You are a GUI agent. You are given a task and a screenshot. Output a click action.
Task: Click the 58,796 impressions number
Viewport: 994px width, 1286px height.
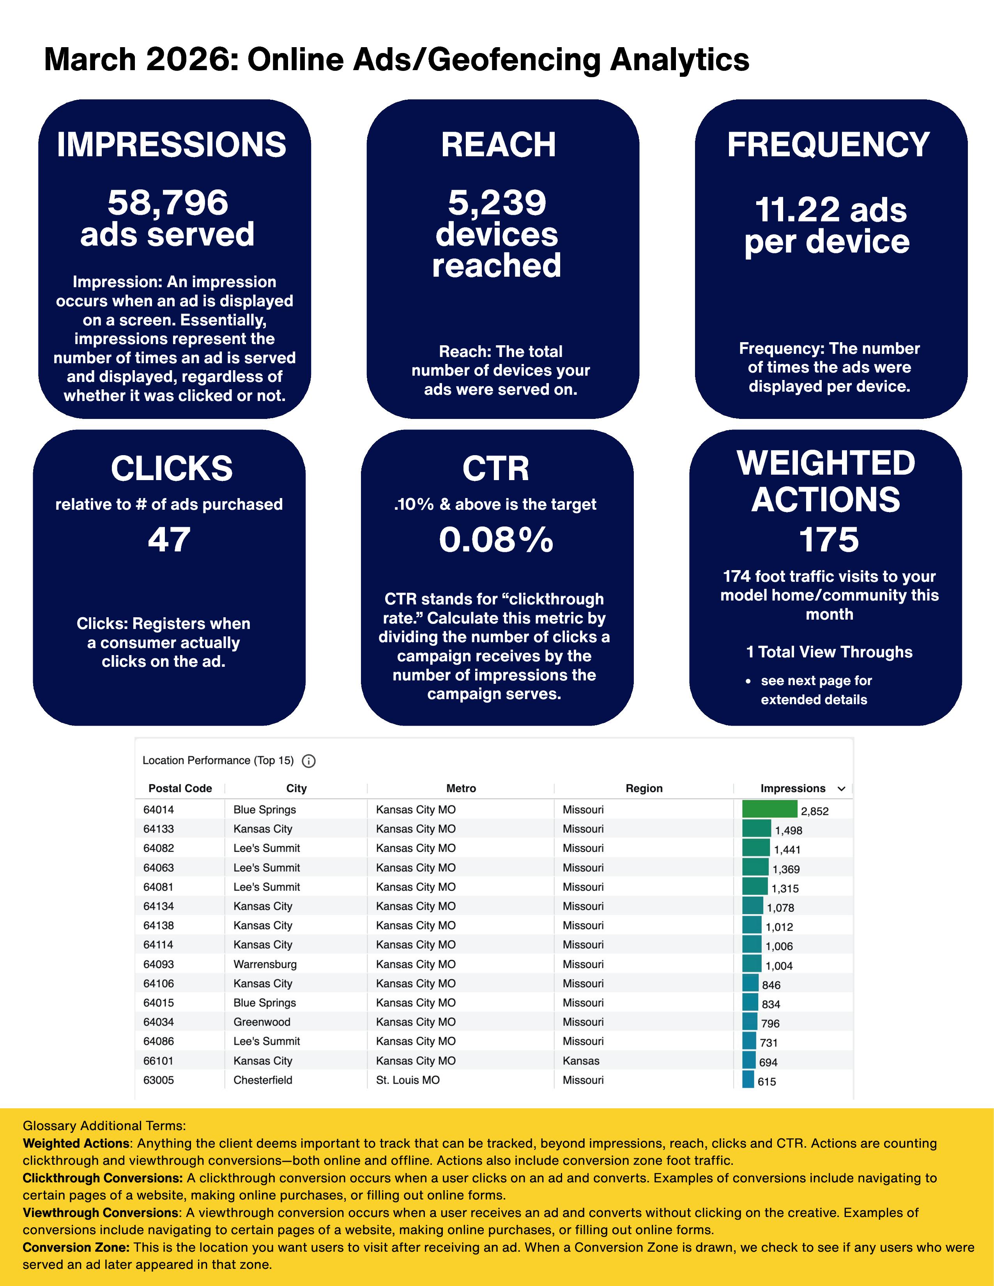pos(168,203)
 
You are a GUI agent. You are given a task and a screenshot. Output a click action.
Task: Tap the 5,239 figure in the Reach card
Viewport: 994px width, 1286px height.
pos(497,203)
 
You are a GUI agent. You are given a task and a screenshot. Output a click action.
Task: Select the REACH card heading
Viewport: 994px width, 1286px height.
pos(498,145)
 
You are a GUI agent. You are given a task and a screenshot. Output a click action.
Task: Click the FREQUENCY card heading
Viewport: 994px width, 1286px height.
pos(828,145)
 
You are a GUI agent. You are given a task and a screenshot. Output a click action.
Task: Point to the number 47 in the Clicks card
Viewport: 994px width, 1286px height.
pos(169,539)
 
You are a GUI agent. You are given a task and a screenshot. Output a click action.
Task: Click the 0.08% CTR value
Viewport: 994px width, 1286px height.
pos(496,539)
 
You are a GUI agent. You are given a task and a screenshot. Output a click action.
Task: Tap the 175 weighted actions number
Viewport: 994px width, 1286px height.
pos(829,539)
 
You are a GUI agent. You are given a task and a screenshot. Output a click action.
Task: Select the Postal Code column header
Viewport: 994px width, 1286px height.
pos(180,788)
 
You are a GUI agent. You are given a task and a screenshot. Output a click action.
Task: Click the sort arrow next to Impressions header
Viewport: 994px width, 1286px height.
pos(842,788)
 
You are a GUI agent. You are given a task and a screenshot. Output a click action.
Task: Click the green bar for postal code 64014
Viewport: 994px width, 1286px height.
pos(769,809)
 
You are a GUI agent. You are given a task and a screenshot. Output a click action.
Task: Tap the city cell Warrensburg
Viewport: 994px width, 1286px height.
pos(265,964)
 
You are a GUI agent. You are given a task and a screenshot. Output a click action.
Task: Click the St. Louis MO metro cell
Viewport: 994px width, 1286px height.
pos(407,1080)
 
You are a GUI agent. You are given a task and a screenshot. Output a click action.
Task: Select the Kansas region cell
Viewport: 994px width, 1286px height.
pos(581,1060)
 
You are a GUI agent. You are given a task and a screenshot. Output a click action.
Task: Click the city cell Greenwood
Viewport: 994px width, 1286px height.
pos(262,1022)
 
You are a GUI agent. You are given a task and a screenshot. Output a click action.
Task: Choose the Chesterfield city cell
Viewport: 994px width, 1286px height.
pos(263,1080)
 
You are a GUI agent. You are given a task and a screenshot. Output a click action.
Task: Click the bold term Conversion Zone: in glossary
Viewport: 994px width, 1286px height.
pos(76,1247)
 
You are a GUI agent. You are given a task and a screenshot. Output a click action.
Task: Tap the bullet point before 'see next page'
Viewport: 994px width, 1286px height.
pos(748,681)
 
